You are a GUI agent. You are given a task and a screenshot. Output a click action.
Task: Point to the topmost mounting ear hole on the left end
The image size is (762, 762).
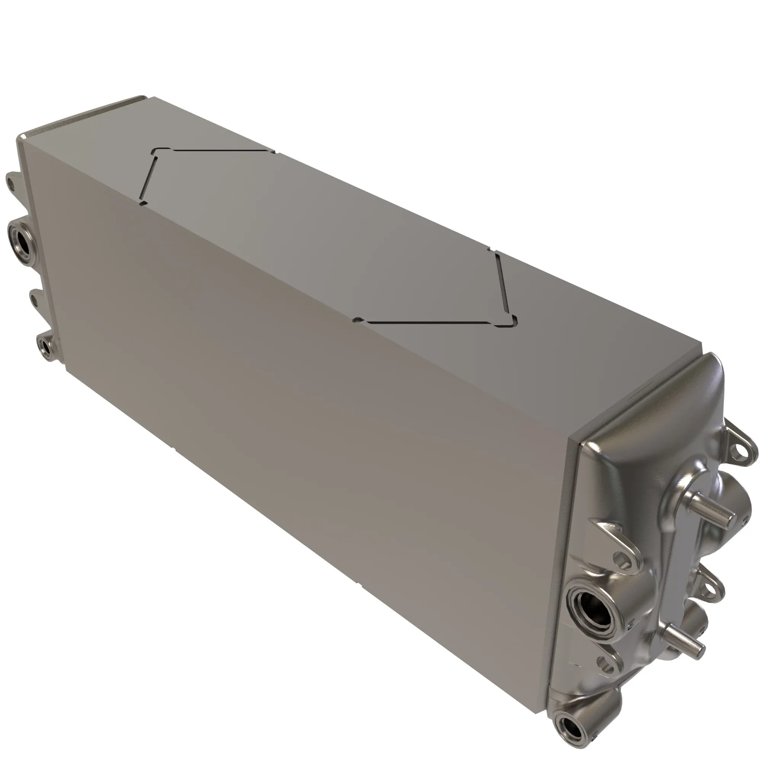(x=10, y=183)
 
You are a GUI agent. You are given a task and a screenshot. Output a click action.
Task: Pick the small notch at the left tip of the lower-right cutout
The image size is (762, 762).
(x=357, y=320)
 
